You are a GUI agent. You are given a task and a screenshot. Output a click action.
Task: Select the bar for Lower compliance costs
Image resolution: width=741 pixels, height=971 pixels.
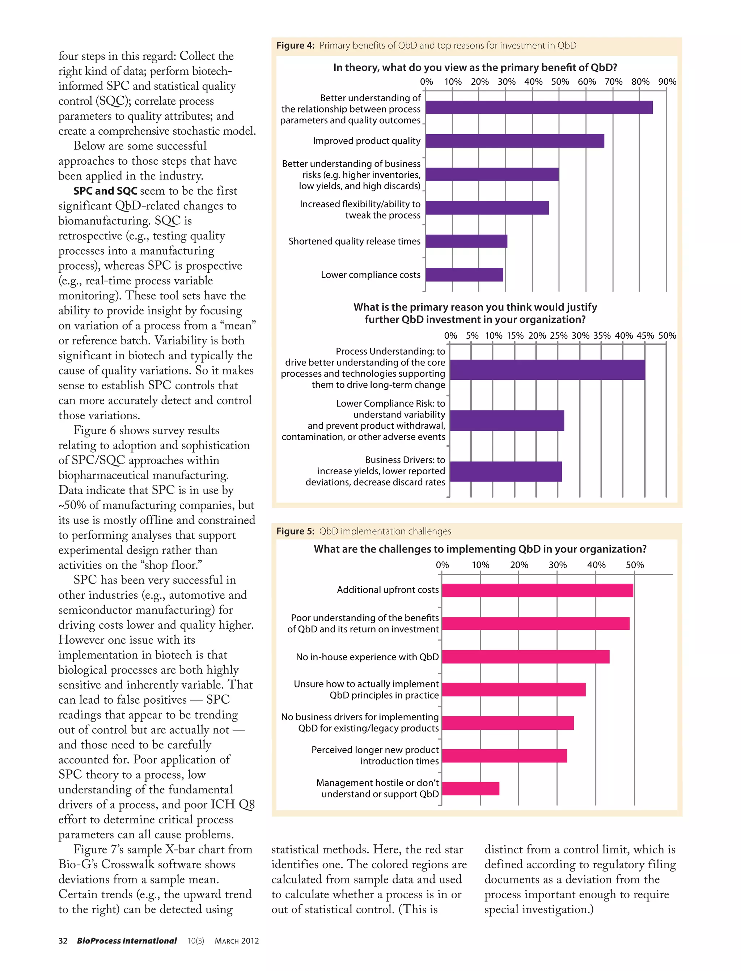pyautogui.click(x=464, y=275)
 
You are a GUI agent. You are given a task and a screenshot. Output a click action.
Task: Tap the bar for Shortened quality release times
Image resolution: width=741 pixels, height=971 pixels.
pyautogui.click(x=466, y=241)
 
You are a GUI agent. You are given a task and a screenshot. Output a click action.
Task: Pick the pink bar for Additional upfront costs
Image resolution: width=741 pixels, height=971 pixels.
pyautogui.click(x=537, y=590)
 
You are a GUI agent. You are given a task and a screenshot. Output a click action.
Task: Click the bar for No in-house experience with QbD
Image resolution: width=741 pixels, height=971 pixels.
pyautogui.click(x=525, y=657)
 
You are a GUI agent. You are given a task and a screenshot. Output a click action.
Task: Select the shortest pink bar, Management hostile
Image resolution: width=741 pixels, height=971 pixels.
pyautogui.click(x=470, y=788)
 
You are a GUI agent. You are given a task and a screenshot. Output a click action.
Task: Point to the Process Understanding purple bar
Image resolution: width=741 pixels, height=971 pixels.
pyautogui.click(x=547, y=369)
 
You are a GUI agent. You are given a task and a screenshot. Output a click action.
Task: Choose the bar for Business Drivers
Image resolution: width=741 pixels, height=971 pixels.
pyautogui.click(x=505, y=471)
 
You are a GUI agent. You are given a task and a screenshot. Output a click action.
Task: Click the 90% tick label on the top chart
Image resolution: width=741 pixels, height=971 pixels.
pyautogui.click(x=667, y=81)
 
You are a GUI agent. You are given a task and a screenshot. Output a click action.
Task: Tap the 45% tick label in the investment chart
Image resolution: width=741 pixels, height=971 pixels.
pyautogui.click(x=645, y=336)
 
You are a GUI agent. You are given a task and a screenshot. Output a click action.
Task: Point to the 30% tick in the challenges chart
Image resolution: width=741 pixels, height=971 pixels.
pyautogui.click(x=558, y=565)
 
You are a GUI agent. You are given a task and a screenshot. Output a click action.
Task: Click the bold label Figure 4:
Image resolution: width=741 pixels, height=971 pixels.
pyautogui.click(x=295, y=46)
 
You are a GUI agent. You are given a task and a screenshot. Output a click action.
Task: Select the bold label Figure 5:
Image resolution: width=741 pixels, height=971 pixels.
pyautogui.click(x=295, y=531)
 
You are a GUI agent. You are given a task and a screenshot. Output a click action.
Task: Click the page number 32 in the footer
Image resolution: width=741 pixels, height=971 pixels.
pyautogui.click(x=63, y=941)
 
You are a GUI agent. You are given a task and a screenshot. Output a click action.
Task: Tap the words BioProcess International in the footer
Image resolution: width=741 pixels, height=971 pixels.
pyautogui.click(x=127, y=941)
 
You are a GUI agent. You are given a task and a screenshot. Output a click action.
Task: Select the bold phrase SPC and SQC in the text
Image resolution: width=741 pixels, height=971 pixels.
pyautogui.click(x=105, y=191)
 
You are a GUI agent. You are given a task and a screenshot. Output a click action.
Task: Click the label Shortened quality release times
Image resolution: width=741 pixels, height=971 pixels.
pyautogui.click(x=354, y=241)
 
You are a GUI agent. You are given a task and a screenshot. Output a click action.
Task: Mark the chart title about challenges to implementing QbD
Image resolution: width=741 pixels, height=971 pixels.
pyautogui.click(x=480, y=549)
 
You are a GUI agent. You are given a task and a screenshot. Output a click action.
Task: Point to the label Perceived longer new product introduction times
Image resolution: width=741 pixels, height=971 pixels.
pyautogui.click(x=375, y=755)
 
